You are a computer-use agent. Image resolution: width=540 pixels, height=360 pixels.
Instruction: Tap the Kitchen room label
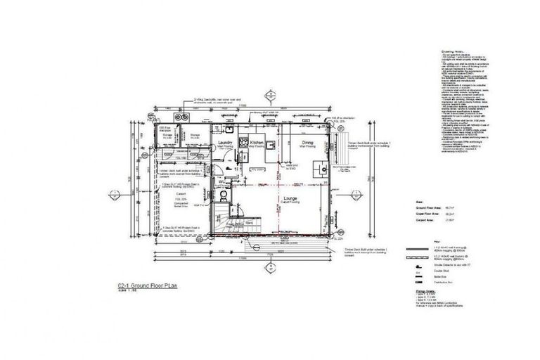[x=256, y=141]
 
